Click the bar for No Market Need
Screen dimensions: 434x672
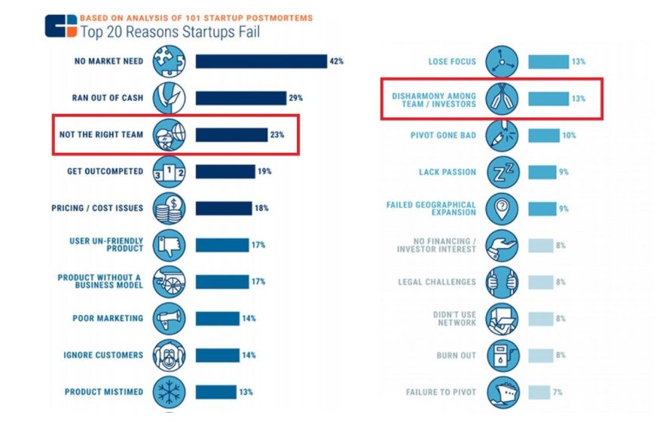tap(261, 62)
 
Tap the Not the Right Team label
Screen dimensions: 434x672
tap(101, 135)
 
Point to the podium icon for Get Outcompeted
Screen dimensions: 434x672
tap(169, 171)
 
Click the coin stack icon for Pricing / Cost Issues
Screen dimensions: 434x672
tap(169, 208)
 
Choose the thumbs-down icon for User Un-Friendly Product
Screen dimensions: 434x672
tap(169, 245)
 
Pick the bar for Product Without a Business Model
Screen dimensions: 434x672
tap(221, 282)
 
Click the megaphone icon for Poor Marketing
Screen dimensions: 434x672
tap(169, 318)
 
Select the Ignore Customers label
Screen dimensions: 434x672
tap(104, 355)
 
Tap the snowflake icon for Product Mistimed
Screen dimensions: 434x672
tap(169, 392)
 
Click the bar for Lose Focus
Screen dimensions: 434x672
tap(548, 62)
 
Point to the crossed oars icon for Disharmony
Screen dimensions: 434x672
tap(501, 99)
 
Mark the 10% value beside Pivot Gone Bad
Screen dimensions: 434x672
tap(568, 136)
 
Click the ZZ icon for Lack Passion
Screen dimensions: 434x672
tap(501, 172)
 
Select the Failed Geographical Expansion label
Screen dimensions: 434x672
tap(431, 209)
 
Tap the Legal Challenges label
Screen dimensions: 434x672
tap(437, 282)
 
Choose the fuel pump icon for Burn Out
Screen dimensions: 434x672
tap(501, 355)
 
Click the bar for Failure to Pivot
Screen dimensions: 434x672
tap(539, 392)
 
